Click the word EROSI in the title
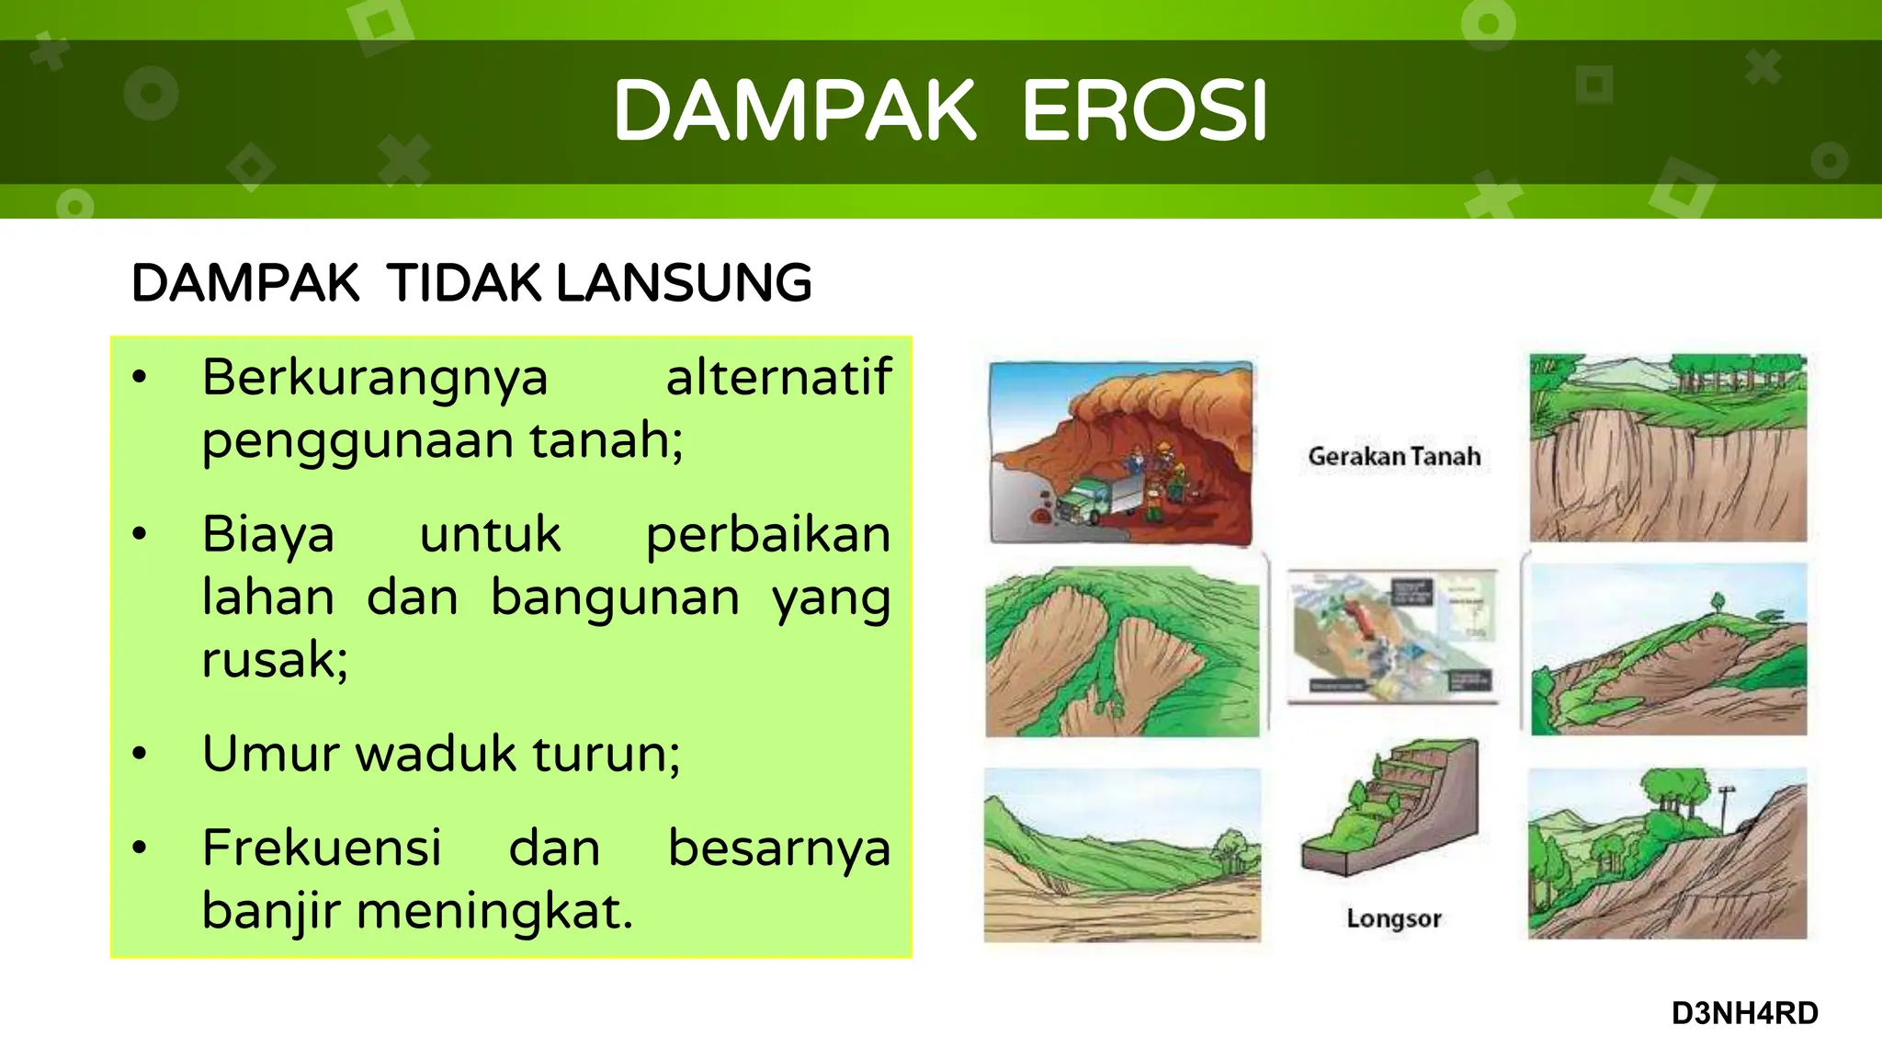point(1144,111)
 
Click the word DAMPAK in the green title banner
point(794,111)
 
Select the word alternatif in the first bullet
point(777,377)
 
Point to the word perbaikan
point(767,534)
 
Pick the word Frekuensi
point(322,848)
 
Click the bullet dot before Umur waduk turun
point(140,754)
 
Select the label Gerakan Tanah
point(1394,457)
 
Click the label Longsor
point(1394,918)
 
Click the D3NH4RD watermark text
point(1744,1013)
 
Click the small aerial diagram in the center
point(1392,635)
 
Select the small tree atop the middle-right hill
point(1717,603)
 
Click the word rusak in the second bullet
point(274,659)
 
